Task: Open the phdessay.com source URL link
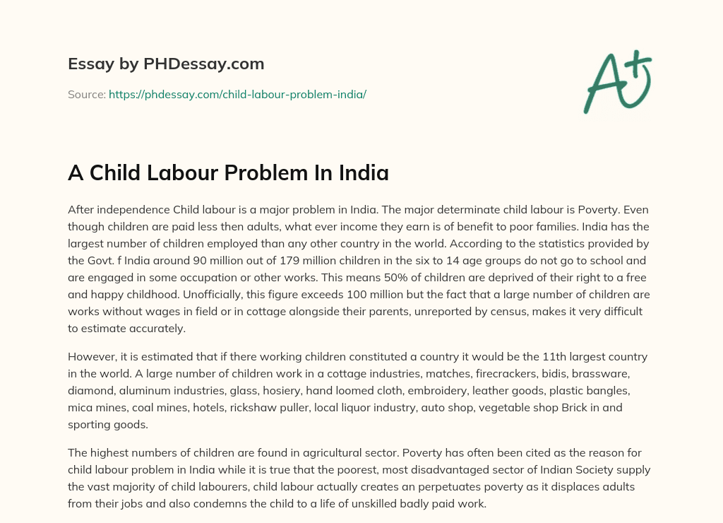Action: [237, 94]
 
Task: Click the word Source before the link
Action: [85, 94]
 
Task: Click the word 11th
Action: [521, 356]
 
